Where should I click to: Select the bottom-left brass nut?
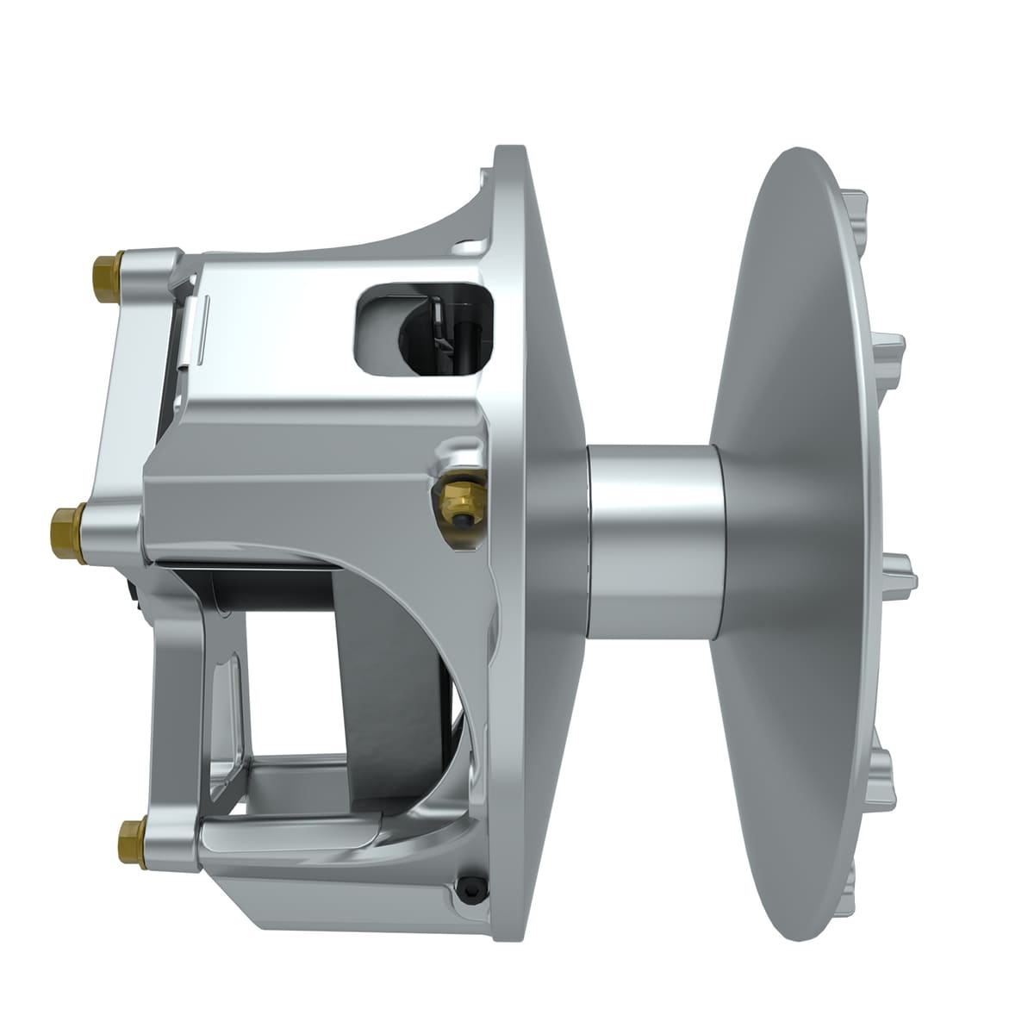130,833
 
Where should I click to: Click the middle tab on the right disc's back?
902,569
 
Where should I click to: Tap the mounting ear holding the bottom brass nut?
168,832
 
